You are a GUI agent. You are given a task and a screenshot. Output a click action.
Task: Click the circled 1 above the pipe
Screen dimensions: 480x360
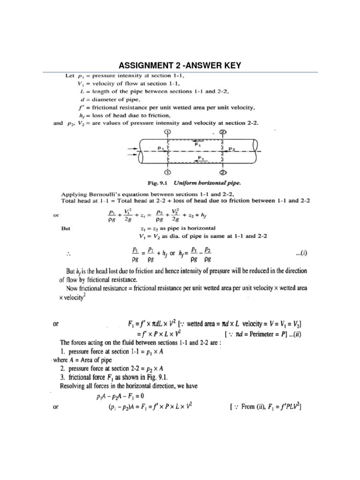[x=167, y=133]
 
